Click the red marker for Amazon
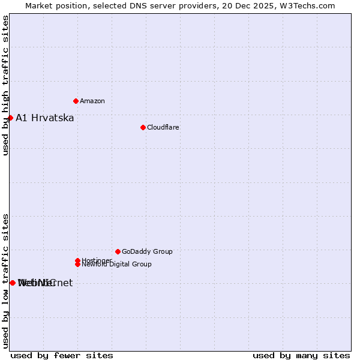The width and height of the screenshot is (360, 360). point(76,101)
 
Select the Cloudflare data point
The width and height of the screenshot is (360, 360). point(143,127)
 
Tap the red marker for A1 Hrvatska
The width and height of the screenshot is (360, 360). point(10,118)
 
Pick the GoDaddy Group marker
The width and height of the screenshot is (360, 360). point(118,251)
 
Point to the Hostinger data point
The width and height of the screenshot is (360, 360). point(77,260)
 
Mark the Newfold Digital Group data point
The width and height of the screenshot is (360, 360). point(77,264)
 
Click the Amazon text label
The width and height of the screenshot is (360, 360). point(92,101)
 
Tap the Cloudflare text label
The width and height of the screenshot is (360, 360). point(163,127)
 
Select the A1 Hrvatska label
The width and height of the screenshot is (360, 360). point(45,118)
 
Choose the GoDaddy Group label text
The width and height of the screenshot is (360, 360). point(147,251)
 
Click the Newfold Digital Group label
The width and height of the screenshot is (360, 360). point(117,264)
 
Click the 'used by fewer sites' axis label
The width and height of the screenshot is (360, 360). point(62,355)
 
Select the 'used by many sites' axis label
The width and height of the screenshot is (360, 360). point(301,355)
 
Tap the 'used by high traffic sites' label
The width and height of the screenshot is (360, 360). point(6,85)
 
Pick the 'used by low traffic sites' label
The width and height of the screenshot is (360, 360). point(6,280)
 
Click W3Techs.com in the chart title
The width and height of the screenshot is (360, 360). point(306,5)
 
